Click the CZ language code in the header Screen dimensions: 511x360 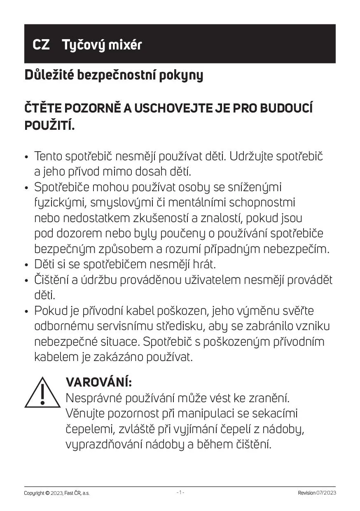click(x=41, y=45)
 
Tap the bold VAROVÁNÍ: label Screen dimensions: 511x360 click(x=99, y=382)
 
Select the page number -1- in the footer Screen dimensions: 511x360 click(x=180, y=492)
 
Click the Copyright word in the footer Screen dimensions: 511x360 click(x=34, y=493)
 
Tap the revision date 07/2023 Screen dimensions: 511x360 click(x=326, y=493)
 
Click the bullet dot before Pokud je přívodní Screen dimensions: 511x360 click(x=27, y=312)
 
